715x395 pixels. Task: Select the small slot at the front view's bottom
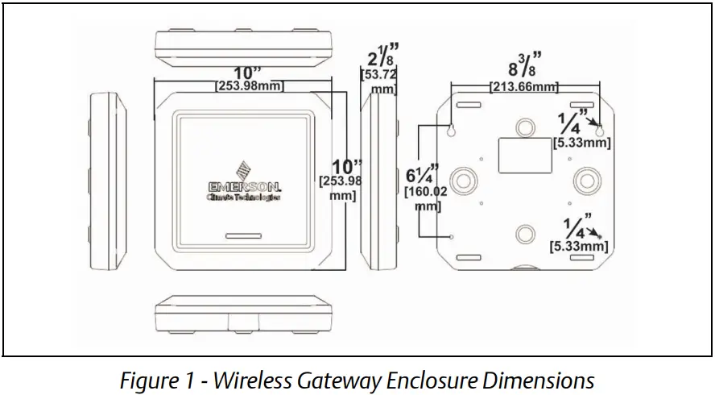[243, 238]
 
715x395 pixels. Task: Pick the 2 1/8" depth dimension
[379, 59]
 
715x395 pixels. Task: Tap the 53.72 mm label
[379, 81]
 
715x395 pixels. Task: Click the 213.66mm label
[525, 86]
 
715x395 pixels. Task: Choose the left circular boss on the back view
[465, 178]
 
